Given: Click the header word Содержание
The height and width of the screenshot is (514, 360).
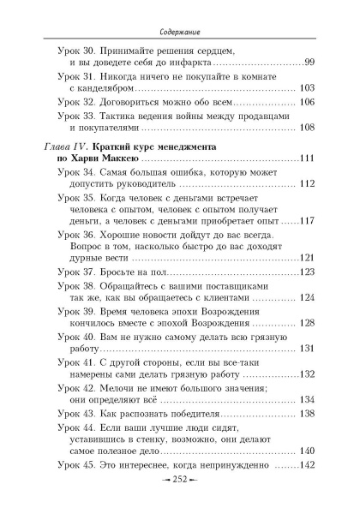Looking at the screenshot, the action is pos(179,15).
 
